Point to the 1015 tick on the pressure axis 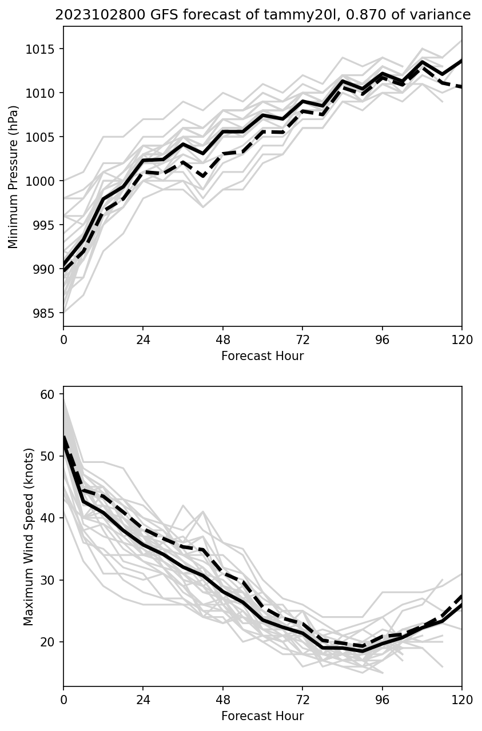(43, 49)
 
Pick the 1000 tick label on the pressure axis (43, 181)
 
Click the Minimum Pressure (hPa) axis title (14, 177)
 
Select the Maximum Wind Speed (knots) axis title (29, 536)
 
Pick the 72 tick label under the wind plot (302, 700)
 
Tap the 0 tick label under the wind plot (63, 700)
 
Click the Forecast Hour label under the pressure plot (262, 356)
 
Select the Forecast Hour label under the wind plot (262, 716)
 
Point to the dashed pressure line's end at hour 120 (461, 87)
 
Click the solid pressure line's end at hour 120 (461, 61)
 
